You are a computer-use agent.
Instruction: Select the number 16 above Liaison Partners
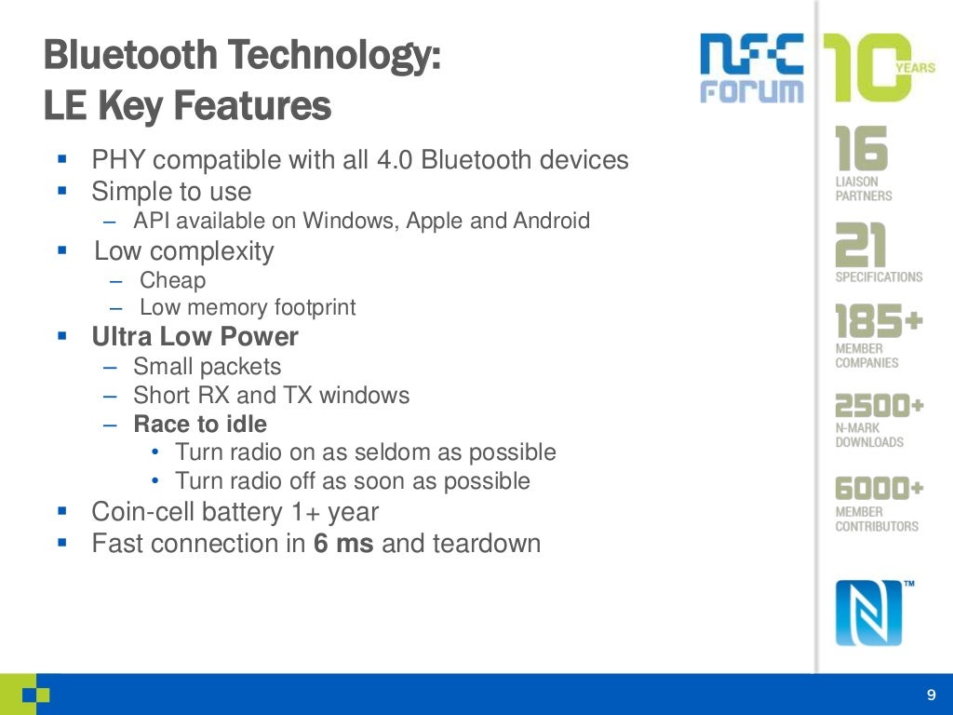[861, 148]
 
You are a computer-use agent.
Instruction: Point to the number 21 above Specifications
[861, 245]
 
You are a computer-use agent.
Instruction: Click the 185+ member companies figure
[879, 322]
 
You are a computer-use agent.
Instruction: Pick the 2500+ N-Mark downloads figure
[879, 406]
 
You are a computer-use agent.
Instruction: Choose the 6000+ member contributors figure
[879, 488]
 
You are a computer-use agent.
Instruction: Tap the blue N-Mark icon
[868, 612]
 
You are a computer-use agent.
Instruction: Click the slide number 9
[931, 695]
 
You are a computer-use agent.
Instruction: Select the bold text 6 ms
[343, 543]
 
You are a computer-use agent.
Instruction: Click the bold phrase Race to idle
[200, 425]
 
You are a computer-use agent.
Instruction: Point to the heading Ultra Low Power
[195, 336]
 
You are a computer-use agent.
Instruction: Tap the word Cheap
[173, 280]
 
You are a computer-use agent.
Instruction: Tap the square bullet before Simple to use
[62, 191]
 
